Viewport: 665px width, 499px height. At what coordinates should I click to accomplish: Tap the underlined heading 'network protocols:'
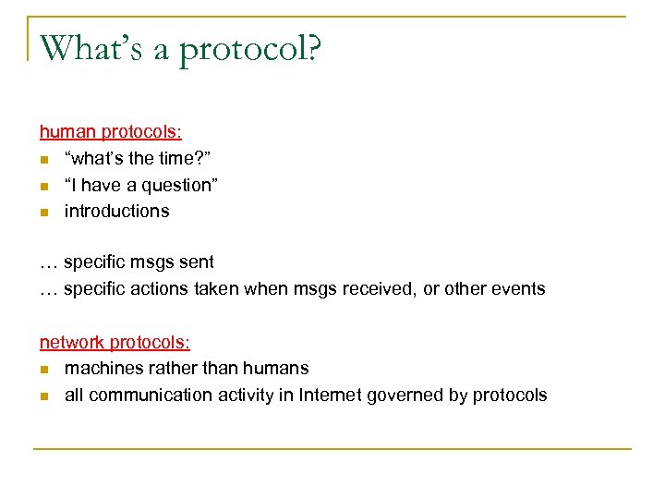(115, 342)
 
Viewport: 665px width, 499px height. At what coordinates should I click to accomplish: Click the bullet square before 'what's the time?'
(43, 159)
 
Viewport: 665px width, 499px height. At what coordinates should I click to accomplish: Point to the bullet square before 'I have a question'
(43, 186)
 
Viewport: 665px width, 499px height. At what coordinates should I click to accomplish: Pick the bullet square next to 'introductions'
(43, 212)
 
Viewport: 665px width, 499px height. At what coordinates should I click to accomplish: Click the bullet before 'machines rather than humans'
(43, 369)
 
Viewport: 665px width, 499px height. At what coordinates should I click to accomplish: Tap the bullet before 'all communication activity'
(43, 396)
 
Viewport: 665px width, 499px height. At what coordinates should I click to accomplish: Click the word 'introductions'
(116, 211)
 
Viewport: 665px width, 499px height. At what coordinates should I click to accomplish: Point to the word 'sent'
(197, 262)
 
